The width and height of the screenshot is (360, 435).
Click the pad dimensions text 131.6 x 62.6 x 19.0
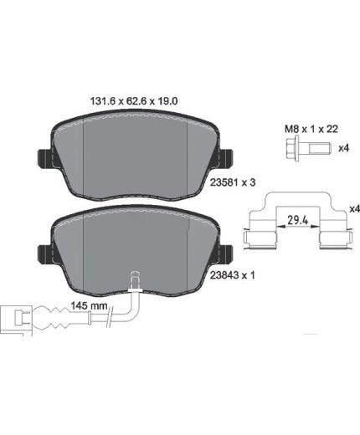[134, 101]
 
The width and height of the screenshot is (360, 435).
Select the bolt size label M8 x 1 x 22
[311, 129]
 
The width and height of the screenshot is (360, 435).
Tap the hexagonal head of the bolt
[293, 147]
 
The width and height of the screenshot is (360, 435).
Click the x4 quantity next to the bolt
[344, 148]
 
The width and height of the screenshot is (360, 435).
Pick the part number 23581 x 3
[233, 182]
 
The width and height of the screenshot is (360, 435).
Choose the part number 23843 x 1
[233, 275]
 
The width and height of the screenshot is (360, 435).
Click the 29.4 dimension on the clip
[298, 221]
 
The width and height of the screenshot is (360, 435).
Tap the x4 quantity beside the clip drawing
[355, 208]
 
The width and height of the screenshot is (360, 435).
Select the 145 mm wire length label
[89, 306]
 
